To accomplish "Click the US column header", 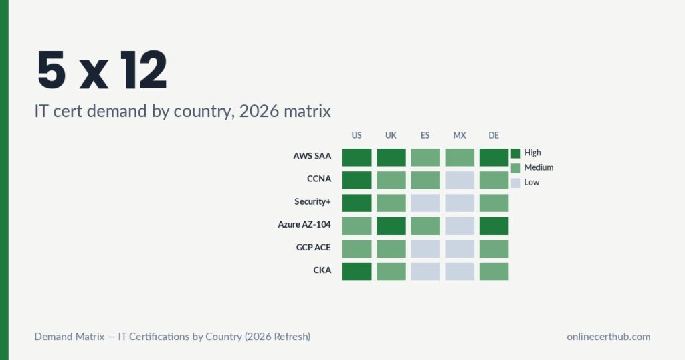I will pos(357,135).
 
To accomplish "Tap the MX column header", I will pos(459,135).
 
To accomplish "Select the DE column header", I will pos(494,135).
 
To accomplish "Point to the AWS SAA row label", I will pos(312,157).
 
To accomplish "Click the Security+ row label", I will pos(312,201).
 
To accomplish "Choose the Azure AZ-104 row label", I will pos(304,224).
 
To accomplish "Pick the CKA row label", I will pos(322,270).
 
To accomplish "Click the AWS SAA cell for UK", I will pos(391,157).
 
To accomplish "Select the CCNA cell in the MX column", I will pos(460,180).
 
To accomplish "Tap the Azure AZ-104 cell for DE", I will pos(494,226).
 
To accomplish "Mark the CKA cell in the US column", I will pos(357,272).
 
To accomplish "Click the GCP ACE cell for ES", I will pos(425,249).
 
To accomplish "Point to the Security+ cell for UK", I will pos(391,203).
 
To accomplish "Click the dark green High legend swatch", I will pos(515,153).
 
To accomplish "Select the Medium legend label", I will pos(539,167).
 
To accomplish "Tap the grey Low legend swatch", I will pos(515,182).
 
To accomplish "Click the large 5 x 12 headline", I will pos(102,70).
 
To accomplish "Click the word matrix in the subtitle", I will pos(305,111).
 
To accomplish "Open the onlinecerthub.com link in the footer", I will pos(608,337).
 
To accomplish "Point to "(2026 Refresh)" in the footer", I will pos(277,337).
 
